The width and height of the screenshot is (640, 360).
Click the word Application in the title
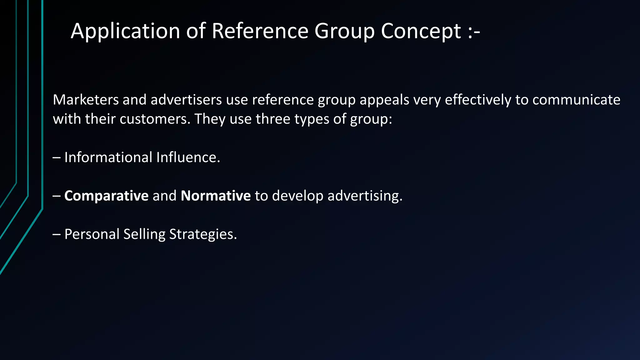coord(125,31)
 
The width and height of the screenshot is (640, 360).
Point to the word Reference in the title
coord(260,31)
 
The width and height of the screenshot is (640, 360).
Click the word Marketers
coord(86,100)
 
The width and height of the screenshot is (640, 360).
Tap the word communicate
coord(576,100)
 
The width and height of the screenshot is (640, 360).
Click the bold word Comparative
coord(106,196)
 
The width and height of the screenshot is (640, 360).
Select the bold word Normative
coord(216,196)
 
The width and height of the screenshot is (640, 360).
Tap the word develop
coord(298,196)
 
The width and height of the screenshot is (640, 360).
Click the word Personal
coord(92,234)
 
